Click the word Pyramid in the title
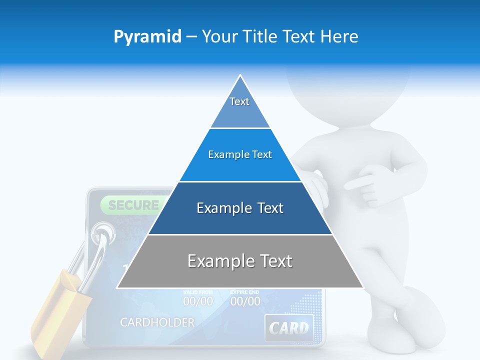147,37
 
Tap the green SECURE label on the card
133,205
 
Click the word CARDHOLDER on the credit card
157,322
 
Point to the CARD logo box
289,328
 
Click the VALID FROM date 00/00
197,301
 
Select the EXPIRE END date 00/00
245,301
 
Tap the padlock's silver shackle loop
97,250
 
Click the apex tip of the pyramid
240,76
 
